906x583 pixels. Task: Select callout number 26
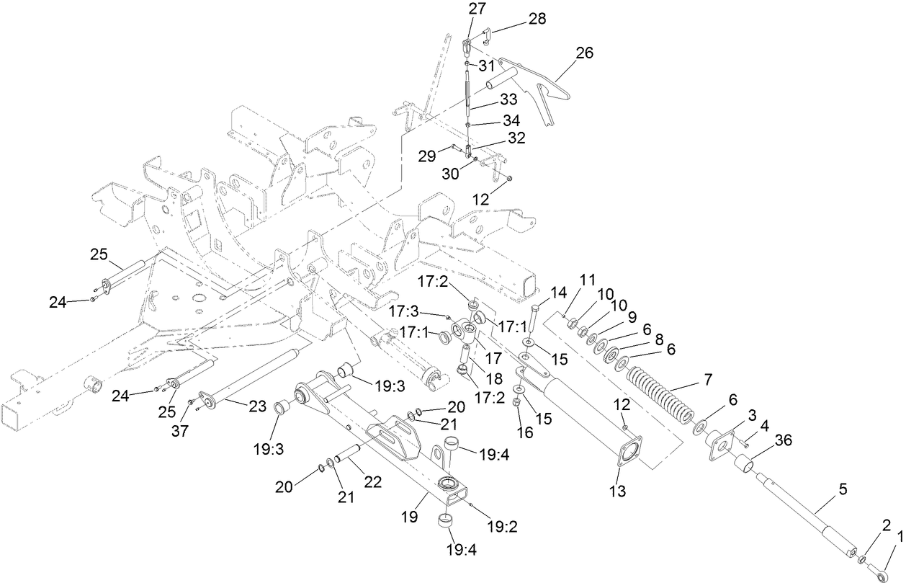[585, 53]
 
